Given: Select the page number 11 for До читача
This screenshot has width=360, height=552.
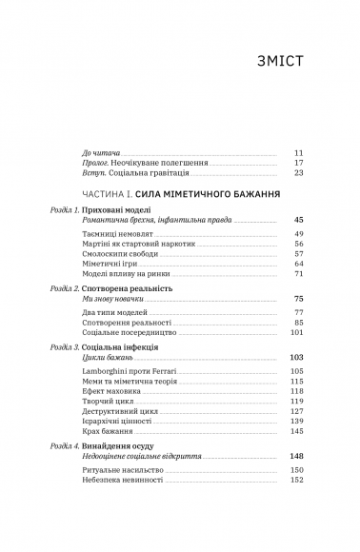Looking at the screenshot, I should tap(298, 152).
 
